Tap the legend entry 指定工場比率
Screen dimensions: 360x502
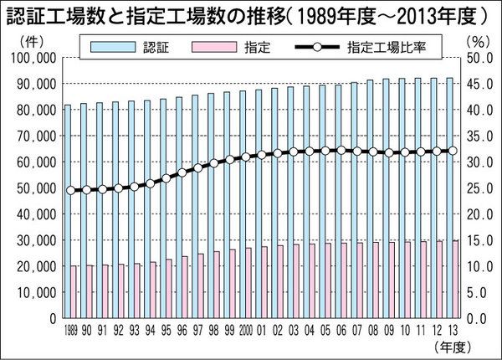(x=381, y=47)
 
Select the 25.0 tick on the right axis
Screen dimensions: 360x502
(x=477, y=188)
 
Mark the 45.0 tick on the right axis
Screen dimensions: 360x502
(x=477, y=83)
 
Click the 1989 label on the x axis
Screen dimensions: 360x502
(x=70, y=332)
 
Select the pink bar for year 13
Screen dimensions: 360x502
(x=455, y=280)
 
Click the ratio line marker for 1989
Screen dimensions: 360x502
(x=70, y=191)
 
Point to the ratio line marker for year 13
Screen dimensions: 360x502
(x=453, y=151)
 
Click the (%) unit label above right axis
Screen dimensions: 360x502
(x=474, y=39)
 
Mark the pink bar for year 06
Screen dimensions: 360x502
(x=344, y=280)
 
